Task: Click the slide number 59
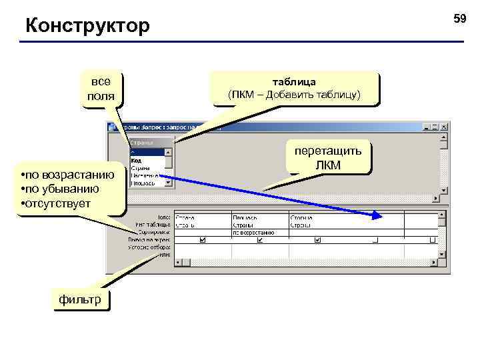coord(460,19)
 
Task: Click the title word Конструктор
coord(87,27)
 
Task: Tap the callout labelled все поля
coord(101,89)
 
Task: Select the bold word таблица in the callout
coord(294,81)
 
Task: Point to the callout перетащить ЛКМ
coord(329,158)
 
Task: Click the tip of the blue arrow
coord(381,217)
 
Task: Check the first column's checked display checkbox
coord(203,240)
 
